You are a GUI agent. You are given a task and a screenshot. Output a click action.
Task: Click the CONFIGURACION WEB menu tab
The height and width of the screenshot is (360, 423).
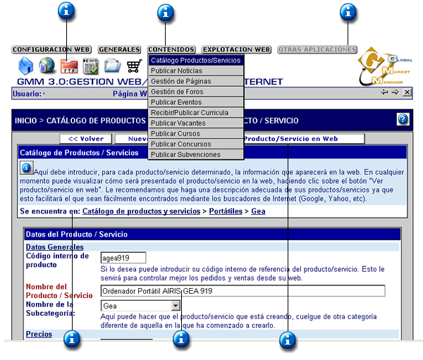tap(51, 50)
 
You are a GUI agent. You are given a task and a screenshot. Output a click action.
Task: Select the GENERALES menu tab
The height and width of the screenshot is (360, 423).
tap(119, 50)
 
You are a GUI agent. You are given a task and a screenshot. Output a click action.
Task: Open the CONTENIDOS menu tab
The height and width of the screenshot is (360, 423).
tap(172, 50)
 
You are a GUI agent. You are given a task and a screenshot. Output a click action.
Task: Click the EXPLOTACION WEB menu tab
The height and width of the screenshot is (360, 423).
tap(236, 50)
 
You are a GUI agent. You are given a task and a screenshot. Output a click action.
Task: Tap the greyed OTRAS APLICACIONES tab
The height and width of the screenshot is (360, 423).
tap(317, 50)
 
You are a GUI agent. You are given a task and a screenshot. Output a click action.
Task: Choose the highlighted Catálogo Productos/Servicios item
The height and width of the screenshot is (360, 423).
tap(195, 61)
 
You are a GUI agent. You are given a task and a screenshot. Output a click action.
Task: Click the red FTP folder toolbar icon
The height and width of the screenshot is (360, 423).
tap(69, 67)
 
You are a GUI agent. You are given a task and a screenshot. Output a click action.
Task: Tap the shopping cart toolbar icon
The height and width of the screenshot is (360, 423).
tap(134, 67)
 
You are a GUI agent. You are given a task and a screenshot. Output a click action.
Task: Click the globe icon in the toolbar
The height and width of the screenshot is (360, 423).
tap(47, 67)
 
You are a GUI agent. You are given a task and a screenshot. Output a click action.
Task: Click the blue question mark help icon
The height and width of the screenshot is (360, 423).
tap(403, 120)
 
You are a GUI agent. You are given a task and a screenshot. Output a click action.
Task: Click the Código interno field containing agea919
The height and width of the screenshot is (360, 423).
tap(123, 259)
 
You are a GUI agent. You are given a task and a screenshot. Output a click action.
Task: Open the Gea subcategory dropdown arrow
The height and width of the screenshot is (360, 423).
tap(176, 306)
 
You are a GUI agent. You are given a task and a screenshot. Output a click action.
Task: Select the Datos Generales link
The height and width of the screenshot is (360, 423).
tap(55, 247)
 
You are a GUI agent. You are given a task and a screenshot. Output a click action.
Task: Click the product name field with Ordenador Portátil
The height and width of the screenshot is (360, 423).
tap(243, 291)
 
